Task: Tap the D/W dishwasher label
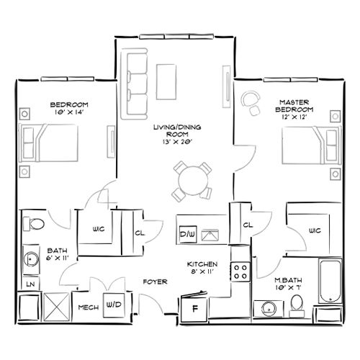click(186, 234)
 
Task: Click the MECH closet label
click(87, 306)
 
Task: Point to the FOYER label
click(152, 282)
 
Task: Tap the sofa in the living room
click(134, 76)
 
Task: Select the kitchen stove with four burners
click(240, 271)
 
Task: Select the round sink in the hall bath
click(32, 258)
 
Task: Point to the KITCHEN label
click(199, 264)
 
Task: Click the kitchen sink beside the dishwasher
click(211, 234)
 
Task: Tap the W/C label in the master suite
click(314, 231)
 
